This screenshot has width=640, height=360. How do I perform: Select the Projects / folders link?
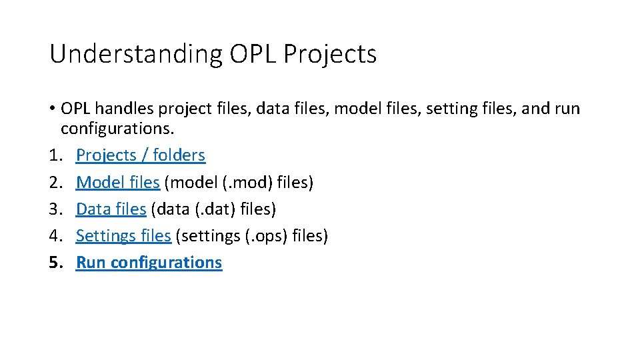(x=141, y=155)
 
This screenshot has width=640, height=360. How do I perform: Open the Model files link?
(x=117, y=182)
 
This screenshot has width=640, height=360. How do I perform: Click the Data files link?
(x=111, y=209)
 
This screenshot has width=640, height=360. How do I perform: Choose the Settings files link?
(x=123, y=236)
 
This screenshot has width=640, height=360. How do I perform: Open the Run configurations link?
(x=149, y=263)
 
